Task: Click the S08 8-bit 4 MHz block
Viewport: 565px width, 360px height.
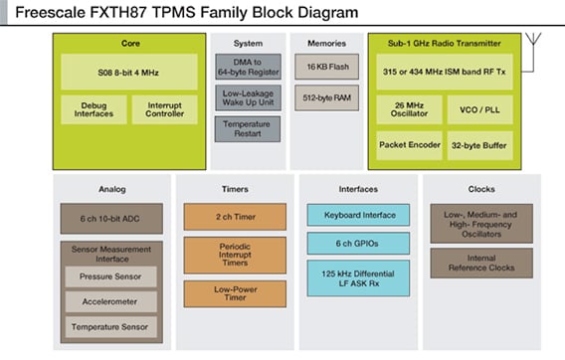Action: (x=129, y=72)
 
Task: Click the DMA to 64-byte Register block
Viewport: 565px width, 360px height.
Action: (x=248, y=68)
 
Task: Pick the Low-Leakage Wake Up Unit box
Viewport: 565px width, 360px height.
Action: (x=248, y=98)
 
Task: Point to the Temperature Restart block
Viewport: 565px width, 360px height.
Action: (x=248, y=128)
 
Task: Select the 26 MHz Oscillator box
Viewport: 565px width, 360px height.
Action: (x=409, y=110)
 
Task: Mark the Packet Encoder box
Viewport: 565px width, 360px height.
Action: (x=409, y=144)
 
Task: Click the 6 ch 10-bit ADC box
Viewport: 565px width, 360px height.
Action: (x=110, y=219)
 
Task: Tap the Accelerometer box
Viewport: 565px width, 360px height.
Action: (x=110, y=300)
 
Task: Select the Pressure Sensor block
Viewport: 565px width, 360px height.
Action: (x=110, y=275)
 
